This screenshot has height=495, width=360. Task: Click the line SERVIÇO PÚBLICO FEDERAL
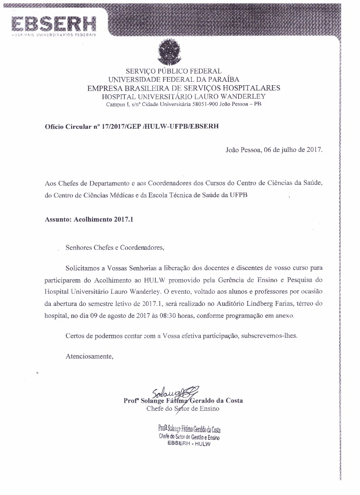[174, 71]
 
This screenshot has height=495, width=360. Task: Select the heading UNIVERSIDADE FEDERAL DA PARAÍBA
[174, 79]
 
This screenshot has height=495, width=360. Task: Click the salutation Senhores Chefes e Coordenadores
[115, 248]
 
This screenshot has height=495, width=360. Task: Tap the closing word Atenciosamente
[90, 357]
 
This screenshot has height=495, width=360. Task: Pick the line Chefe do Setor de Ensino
[182, 408]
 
